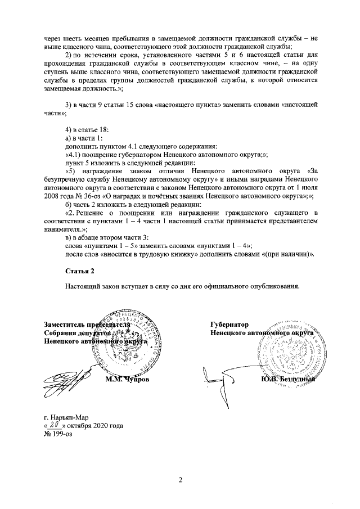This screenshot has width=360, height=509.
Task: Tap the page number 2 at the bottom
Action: click(x=181, y=479)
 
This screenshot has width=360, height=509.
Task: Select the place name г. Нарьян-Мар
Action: click(x=66, y=418)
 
